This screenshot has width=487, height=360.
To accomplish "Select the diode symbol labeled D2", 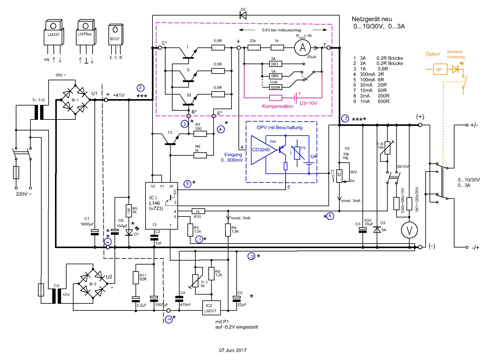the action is (x=243, y=15).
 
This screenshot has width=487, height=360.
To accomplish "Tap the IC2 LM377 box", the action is (x=211, y=308).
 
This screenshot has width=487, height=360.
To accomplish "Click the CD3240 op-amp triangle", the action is (x=263, y=150).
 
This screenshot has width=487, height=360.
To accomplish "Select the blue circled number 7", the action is (x=345, y=119).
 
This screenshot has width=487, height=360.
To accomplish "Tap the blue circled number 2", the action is (x=140, y=88).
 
